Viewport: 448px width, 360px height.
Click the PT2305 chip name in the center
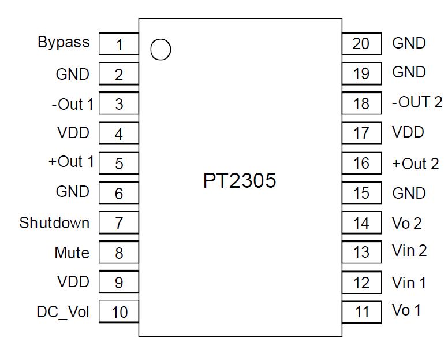coord(240,181)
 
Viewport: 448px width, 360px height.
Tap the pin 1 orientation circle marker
coord(160,50)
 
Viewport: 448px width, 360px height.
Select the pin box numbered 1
coord(119,44)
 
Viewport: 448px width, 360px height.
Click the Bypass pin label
coord(64,42)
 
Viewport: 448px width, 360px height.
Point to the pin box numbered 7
coord(119,223)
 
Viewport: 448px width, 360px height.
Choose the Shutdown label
coord(54,222)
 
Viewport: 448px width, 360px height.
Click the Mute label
coord(72,253)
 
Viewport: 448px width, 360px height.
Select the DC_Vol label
coord(63,312)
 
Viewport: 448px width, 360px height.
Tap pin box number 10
coord(119,312)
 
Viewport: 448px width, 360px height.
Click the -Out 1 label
coord(72,104)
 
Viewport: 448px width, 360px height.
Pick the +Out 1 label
coord(71,161)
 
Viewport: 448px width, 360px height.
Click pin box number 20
coord(361,43)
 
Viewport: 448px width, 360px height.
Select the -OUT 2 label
coord(417,102)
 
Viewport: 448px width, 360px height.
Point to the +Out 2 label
coord(415,164)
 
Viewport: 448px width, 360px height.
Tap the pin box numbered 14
coord(361,223)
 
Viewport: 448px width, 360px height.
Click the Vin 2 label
coord(409,250)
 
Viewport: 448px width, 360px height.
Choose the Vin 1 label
coord(409,283)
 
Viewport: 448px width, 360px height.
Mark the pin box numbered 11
coord(361,312)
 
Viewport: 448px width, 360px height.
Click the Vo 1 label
coord(406,310)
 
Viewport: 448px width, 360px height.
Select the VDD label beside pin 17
coord(408,132)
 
